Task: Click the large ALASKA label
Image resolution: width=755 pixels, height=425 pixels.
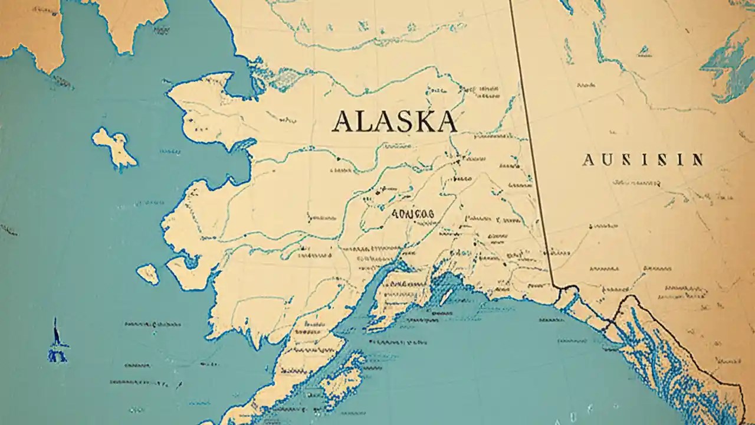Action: [394, 121]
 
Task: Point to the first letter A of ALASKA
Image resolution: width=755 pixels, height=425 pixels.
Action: [343, 121]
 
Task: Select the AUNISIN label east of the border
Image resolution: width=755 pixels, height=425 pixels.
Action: [642, 159]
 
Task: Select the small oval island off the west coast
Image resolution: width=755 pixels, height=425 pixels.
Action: [147, 273]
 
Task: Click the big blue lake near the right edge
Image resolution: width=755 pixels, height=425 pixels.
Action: [728, 62]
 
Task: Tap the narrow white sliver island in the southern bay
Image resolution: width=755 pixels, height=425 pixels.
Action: [446, 296]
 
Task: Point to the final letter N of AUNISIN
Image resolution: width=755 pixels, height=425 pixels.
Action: [697, 159]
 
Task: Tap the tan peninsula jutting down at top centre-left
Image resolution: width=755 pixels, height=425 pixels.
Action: [127, 24]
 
